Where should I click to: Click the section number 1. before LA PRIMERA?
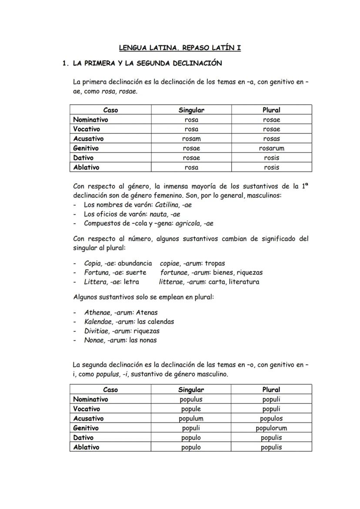tap(66, 63)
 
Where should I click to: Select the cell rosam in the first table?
tap(191, 139)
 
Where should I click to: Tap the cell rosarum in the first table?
tap(271, 148)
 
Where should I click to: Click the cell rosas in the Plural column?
tap(271, 139)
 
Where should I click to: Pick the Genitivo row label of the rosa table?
tap(86, 148)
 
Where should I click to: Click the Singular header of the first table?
tap(191, 110)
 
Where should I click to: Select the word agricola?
tap(188, 223)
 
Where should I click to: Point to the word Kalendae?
tap(99, 322)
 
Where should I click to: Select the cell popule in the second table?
tap(191, 409)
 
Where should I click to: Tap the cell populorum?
tap(271, 428)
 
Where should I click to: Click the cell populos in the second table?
tap(271, 419)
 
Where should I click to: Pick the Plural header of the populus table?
tap(271, 390)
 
